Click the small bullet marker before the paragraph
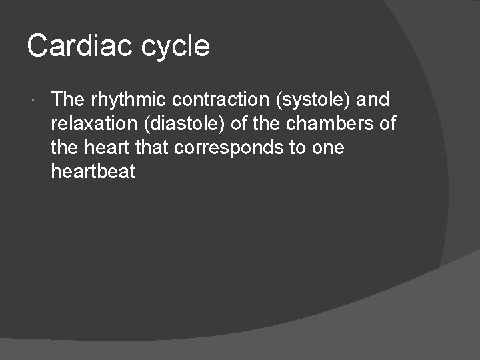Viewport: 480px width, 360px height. (x=33, y=101)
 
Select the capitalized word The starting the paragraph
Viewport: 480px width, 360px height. (x=68, y=100)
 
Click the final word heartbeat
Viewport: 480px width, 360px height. (x=93, y=172)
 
